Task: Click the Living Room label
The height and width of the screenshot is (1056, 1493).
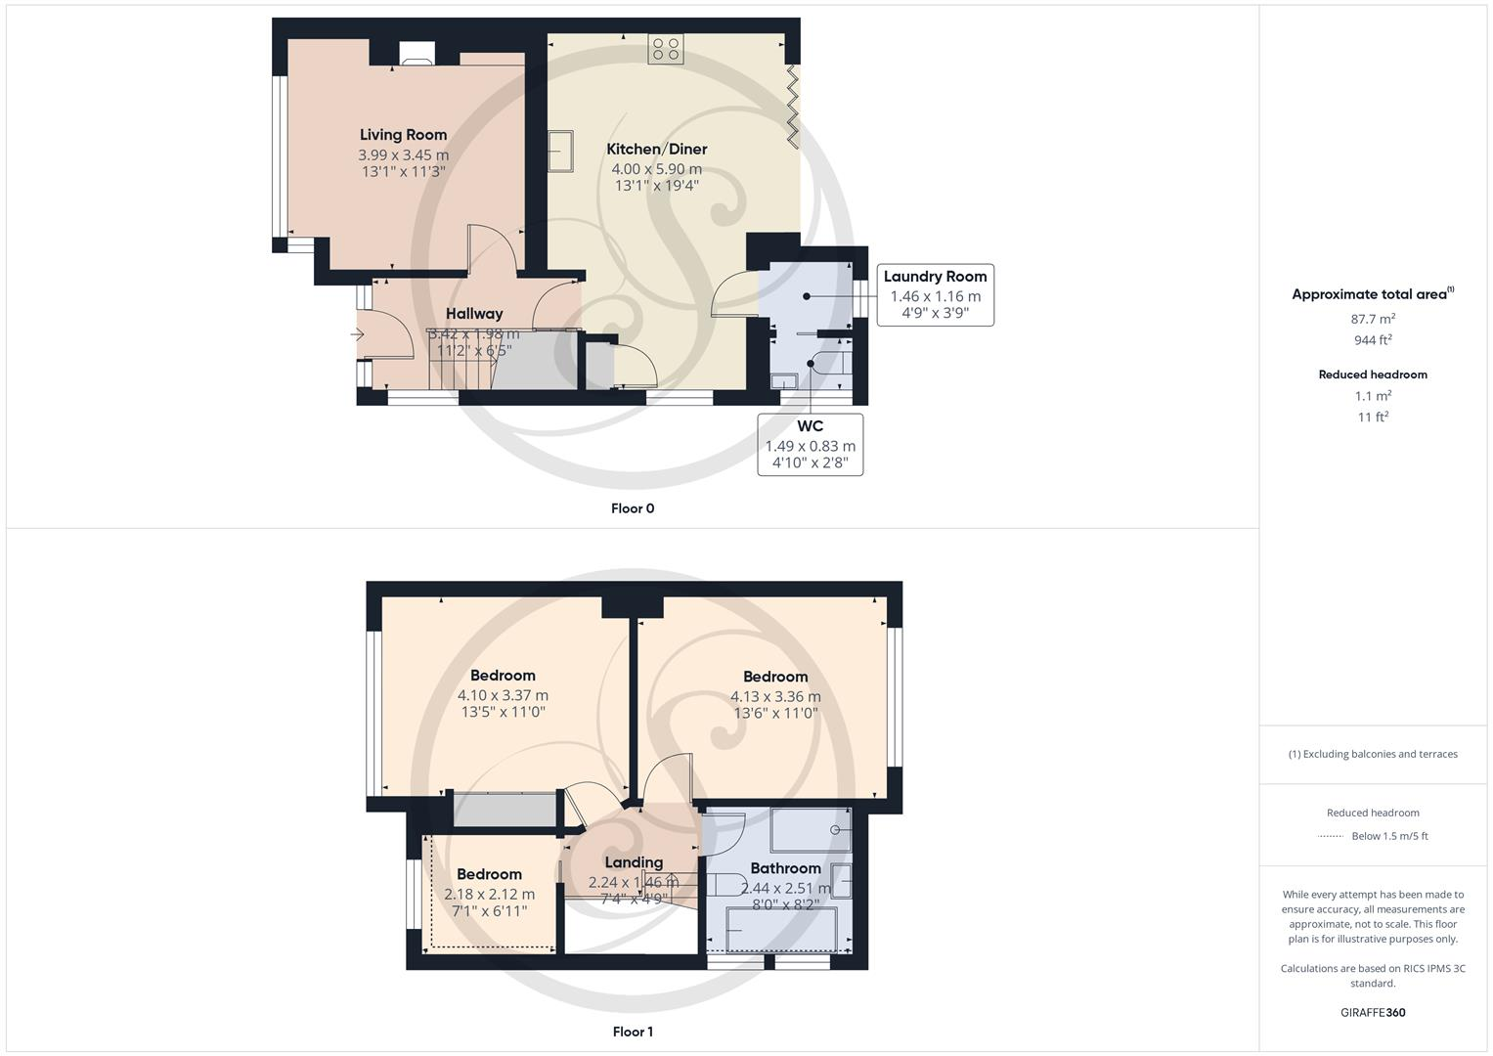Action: coord(403,135)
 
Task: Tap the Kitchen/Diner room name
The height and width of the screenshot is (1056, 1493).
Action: coord(656,149)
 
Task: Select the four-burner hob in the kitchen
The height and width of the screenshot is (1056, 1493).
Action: coord(666,49)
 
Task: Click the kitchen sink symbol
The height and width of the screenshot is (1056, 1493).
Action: coord(561,152)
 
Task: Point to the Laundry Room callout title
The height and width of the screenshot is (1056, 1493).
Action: coord(935,277)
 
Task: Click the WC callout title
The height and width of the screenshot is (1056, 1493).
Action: coord(810,426)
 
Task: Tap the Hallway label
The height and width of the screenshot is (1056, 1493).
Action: coord(474,314)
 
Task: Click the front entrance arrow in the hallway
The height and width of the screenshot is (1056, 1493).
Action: coord(357,335)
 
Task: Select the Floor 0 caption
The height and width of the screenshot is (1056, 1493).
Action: coord(632,508)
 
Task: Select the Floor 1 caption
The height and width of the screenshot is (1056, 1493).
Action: coord(632,1032)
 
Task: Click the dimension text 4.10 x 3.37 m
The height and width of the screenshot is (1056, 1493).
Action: coord(503,695)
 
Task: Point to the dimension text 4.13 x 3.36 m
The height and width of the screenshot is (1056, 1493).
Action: coord(775,696)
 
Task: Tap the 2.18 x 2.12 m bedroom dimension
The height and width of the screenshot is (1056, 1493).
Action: coord(489,894)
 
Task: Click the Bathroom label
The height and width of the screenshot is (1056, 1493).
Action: coord(785,868)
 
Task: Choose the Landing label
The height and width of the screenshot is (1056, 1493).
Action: coord(634,862)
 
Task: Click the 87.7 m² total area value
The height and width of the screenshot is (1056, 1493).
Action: coord(1373,319)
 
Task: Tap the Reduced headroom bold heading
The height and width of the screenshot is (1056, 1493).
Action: coord(1373,374)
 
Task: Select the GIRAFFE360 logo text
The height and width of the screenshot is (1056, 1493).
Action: coord(1373,1012)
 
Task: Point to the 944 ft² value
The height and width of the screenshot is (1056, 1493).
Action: coord(1373,340)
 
